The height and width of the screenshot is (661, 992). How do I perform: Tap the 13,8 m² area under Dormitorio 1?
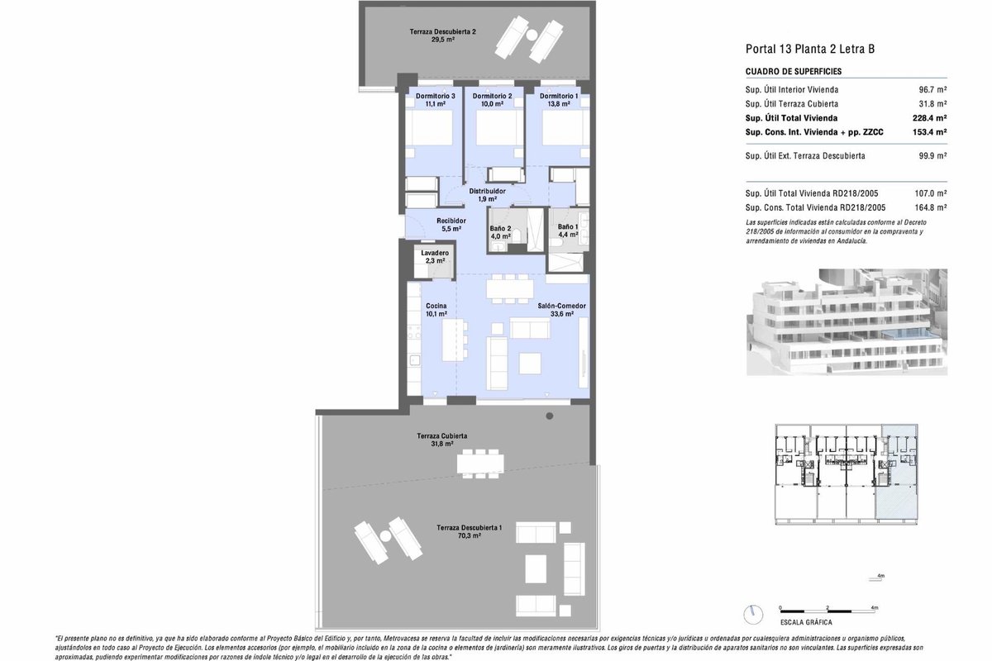559,104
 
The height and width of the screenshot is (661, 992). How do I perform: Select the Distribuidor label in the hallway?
487,191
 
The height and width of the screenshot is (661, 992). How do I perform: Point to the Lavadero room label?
435,253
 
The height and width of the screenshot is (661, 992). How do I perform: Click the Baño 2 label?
500,229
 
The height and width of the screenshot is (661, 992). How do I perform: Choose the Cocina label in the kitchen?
436,306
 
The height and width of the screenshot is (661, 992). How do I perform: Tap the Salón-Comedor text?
561,306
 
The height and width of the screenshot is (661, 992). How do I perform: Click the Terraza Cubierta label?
442,436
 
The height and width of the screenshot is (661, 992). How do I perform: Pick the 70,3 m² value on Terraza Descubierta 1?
470,535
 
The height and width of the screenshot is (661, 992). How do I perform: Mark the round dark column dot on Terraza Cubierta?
550,416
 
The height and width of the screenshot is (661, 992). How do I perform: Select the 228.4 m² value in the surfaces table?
929,118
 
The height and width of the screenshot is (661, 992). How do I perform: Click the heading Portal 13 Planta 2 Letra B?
810,49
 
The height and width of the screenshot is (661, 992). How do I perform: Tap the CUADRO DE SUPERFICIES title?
794,72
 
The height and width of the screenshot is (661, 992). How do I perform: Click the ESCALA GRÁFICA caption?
806,622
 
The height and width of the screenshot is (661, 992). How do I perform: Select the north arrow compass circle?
753,615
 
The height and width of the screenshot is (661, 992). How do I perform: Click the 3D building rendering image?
847,322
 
